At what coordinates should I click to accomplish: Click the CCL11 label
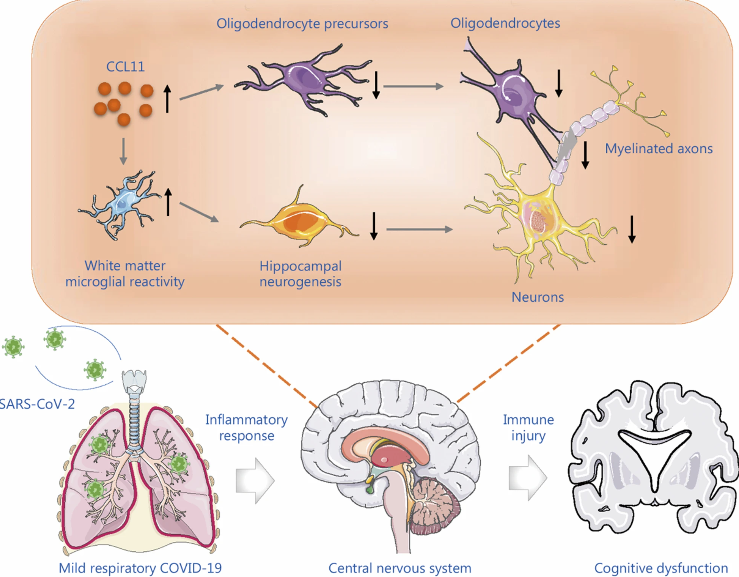(x=125, y=67)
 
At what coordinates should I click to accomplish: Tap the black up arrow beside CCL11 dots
(x=167, y=98)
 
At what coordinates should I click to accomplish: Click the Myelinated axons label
(x=659, y=149)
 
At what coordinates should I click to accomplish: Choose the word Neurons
(x=537, y=297)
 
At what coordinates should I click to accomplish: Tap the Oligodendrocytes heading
(x=505, y=23)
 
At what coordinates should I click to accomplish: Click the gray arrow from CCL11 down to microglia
(x=124, y=151)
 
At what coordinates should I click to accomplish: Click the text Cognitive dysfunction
(x=661, y=568)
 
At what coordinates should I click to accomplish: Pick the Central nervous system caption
(x=400, y=568)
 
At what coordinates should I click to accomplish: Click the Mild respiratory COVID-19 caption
(x=140, y=568)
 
